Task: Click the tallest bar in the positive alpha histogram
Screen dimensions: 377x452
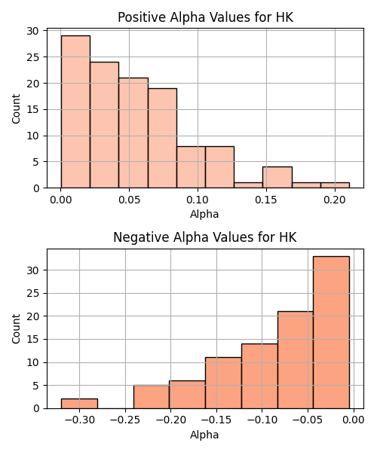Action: [75, 111]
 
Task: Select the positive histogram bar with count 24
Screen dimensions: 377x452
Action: [104, 125]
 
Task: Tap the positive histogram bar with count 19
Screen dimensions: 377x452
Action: [162, 138]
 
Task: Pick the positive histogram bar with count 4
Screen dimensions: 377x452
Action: [277, 177]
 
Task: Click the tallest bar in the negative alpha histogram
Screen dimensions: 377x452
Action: [331, 332]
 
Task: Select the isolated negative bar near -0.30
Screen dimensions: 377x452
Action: [79, 404]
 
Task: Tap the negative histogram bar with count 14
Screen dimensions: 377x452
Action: [259, 376]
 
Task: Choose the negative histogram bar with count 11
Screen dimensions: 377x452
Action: [223, 383]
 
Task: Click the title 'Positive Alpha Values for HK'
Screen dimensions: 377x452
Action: [205, 17]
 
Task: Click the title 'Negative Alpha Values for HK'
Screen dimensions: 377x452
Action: [205, 237]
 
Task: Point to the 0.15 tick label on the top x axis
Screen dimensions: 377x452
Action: [266, 200]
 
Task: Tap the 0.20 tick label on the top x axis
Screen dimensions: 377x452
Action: [335, 200]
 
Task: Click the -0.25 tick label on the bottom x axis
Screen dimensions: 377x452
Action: [125, 420]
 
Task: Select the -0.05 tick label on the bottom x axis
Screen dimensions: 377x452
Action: [307, 420]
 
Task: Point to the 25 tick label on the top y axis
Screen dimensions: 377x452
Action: [32, 57]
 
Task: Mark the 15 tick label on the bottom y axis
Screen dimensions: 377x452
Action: [32, 339]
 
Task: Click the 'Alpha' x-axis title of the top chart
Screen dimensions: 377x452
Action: [204, 214]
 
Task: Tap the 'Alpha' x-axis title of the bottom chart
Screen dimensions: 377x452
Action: [204, 435]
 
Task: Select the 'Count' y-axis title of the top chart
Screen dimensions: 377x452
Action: [16, 109]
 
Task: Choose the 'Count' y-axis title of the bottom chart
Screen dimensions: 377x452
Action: [16, 329]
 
